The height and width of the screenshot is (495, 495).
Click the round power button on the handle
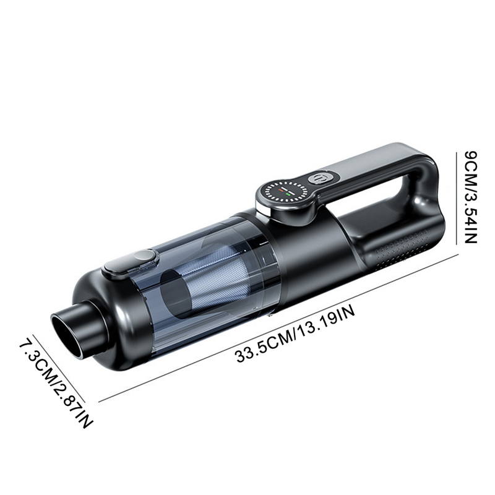click(318, 178)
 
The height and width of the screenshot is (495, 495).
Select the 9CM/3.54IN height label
click(471, 197)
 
